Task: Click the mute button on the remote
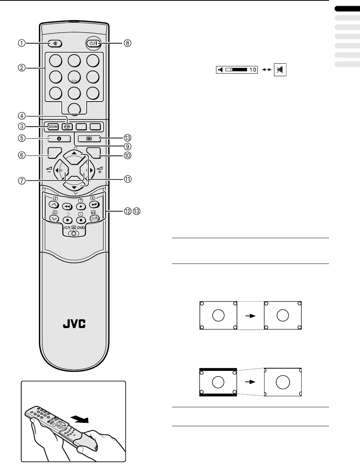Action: (x=55, y=43)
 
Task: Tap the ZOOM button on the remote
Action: (x=52, y=126)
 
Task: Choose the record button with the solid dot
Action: (x=67, y=220)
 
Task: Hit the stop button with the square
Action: (x=80, y=220)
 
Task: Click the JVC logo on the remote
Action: (x=74, y=325)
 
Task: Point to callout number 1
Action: (x=23, y=43)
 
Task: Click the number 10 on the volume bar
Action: (x=253, y=70)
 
